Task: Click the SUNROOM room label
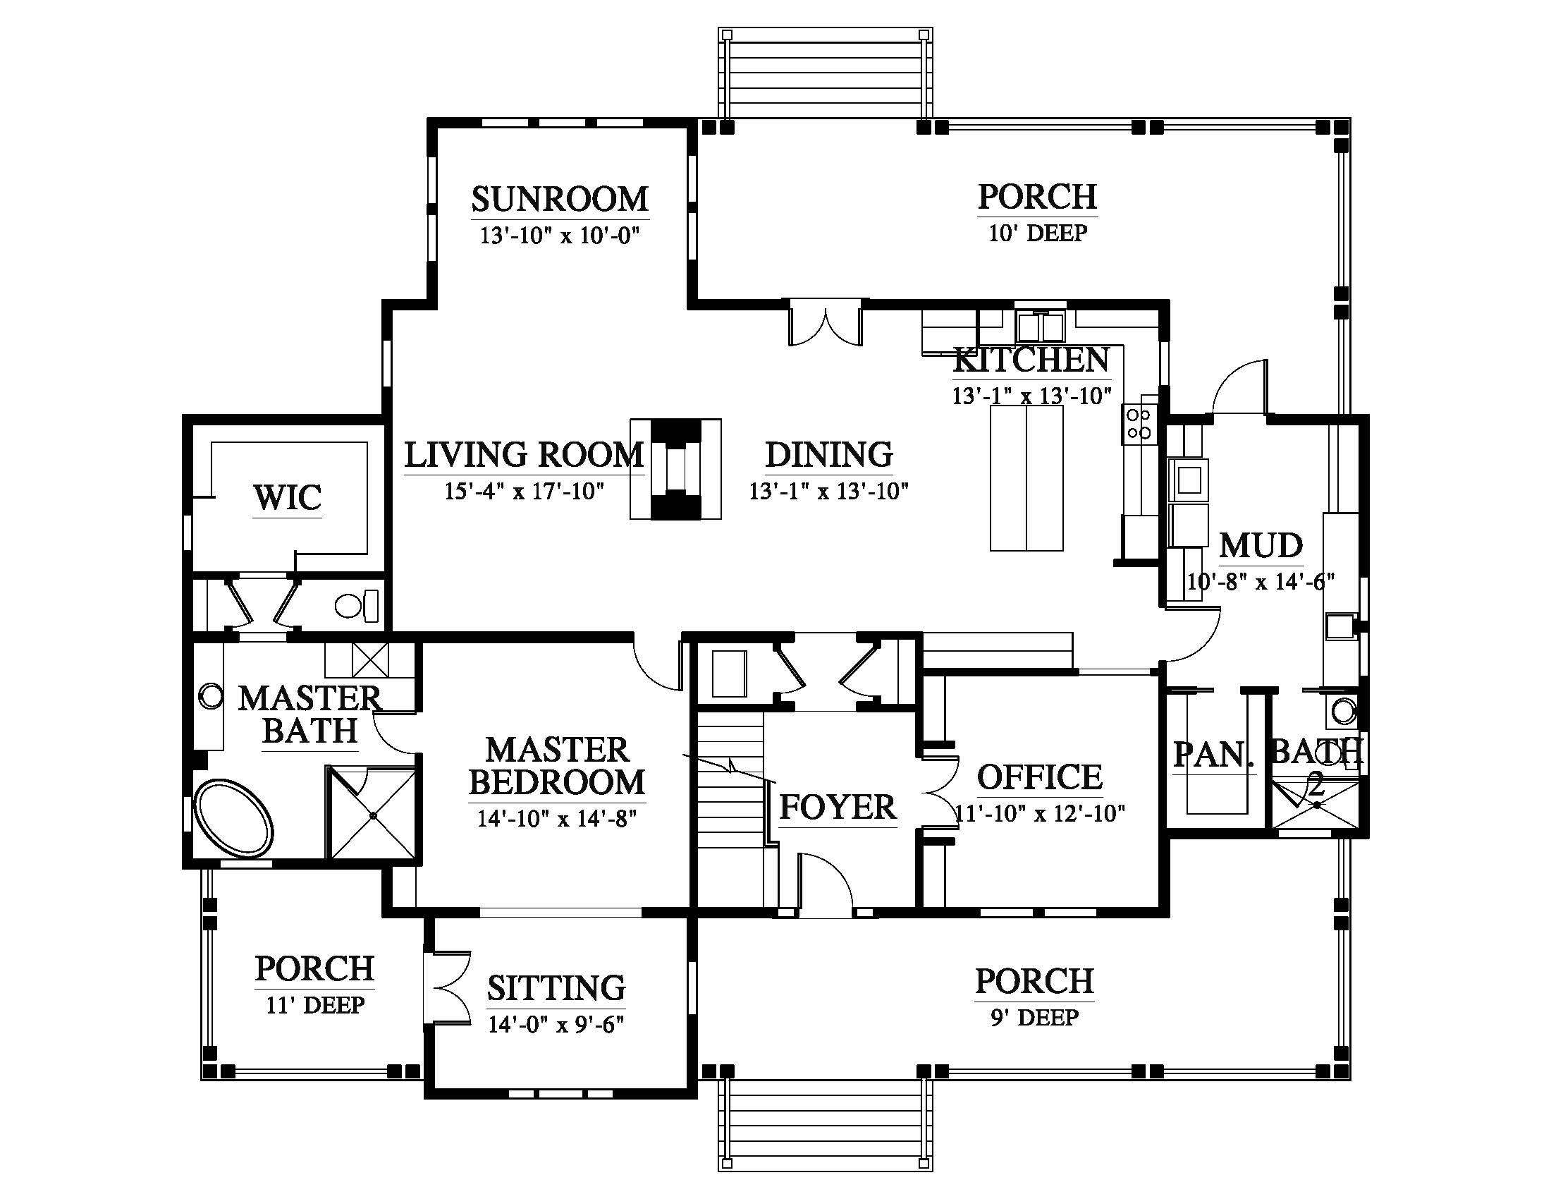coord(560,200)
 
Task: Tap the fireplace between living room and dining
coord(675,470)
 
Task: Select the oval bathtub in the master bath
coord(233,820)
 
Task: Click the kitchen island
coord(1026,477)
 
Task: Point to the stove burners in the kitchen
coord(1139,423)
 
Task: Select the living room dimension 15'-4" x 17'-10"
coord(524,491)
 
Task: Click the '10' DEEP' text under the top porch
coord(1038,233)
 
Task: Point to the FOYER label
coord(838,808)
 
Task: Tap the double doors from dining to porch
coord(826,325)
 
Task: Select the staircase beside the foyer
coord(730,810)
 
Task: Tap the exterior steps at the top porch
coord(826,74)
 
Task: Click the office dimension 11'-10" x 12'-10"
coord(1040,813)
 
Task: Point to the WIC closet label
coord(288,497)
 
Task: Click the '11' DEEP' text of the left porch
coord(315,1005)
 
